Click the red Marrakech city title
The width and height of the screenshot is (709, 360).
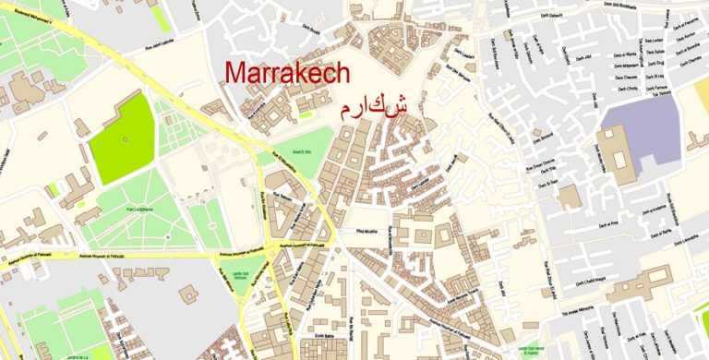tap(287, 71)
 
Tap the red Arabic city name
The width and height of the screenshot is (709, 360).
tap(374, 108)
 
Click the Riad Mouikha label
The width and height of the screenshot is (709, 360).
tap(367, 232)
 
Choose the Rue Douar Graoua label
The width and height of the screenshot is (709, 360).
tap(540, 167)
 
